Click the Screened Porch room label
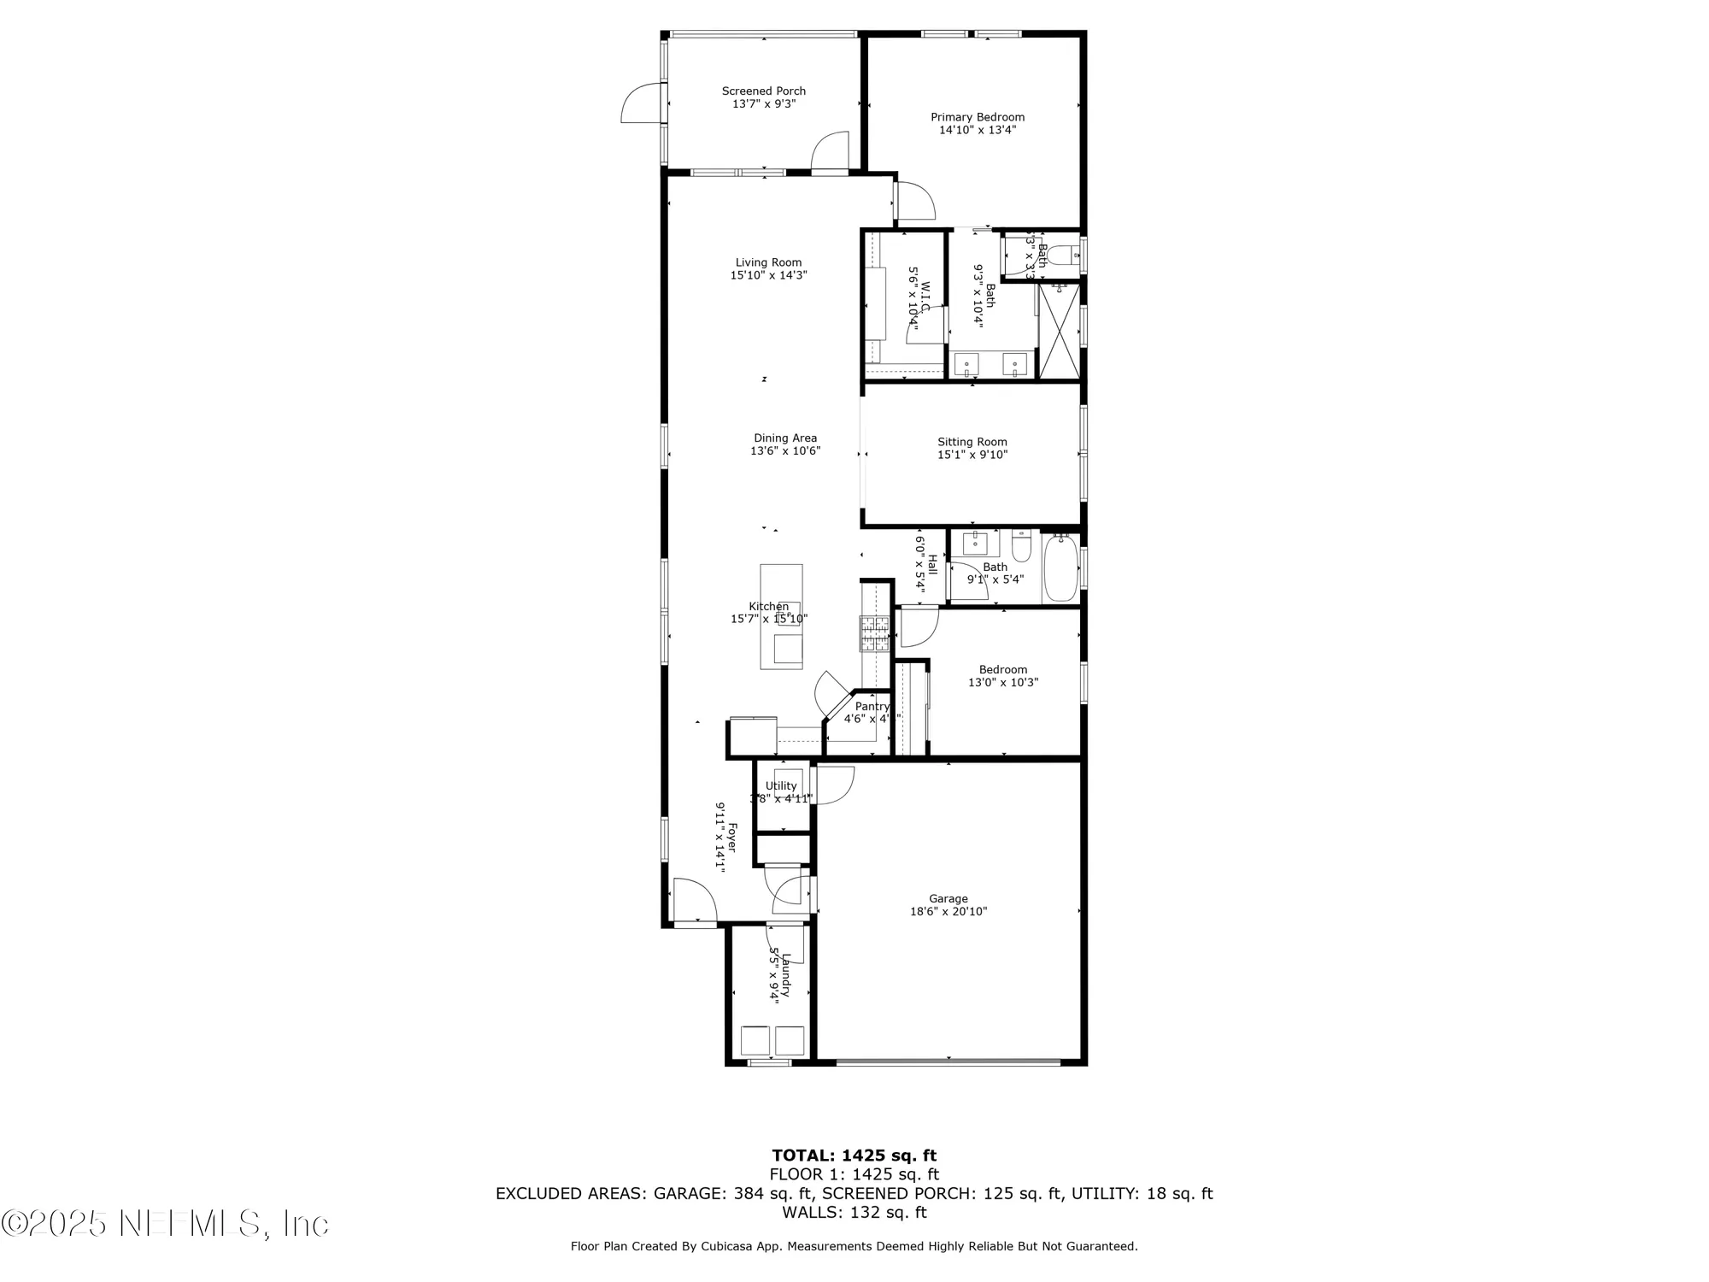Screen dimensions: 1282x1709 coord(763,91)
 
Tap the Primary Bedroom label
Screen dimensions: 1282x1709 coord(978,117)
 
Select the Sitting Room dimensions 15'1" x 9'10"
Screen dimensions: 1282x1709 coord(972,455)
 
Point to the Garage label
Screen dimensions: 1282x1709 coord(948,898)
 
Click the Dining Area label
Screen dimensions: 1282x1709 coord(784,438)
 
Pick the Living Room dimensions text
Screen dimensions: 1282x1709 coord(768,275)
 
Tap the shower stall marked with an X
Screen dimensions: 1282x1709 coord(1058,331)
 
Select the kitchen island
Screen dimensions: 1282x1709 coord(781,615)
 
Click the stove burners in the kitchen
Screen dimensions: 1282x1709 coord(874,633)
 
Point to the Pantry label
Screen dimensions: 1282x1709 coord(872,706)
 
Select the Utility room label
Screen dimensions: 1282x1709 coord(780,785)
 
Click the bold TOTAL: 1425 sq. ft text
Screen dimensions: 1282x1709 coord(854,1156)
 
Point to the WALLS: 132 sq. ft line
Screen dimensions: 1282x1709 coord(854,1212)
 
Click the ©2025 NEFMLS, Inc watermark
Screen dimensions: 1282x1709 coord(164,1224)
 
